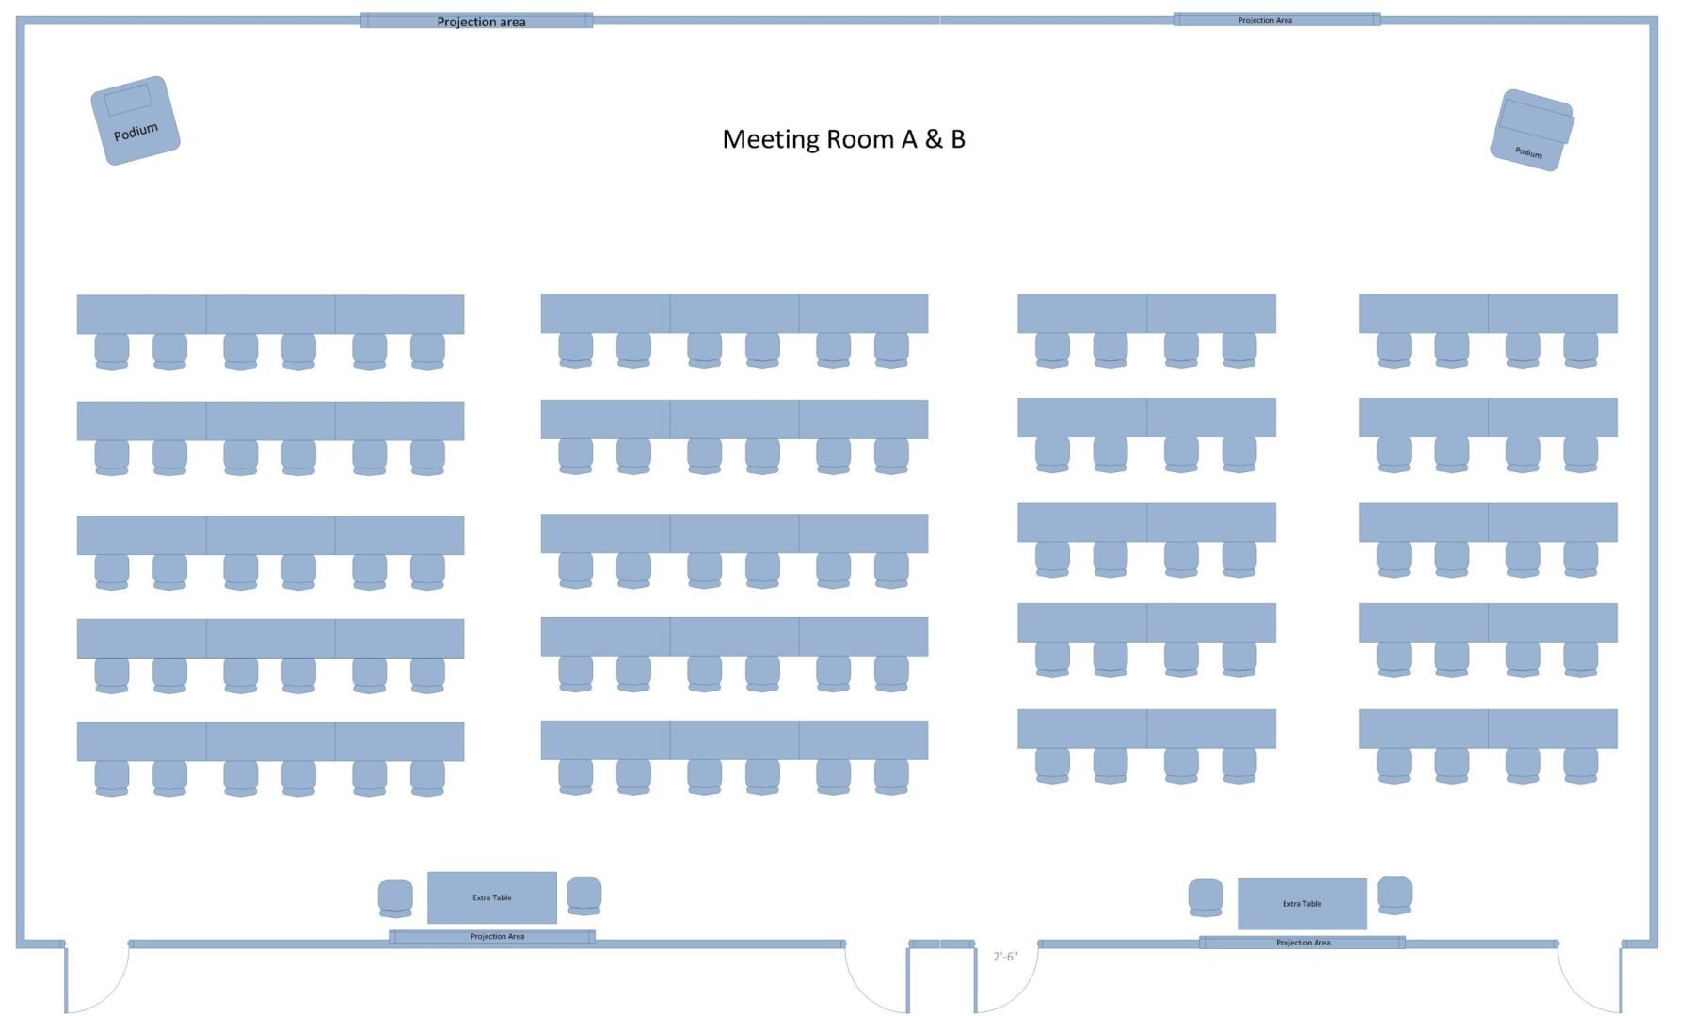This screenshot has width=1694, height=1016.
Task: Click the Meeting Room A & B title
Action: [843, 139]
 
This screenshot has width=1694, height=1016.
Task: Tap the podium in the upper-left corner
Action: [136, 120]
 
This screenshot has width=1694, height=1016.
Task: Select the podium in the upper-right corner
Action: [1532, 130]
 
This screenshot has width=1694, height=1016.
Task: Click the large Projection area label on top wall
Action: [481, 22]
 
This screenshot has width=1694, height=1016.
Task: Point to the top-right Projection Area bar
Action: [1276, 20]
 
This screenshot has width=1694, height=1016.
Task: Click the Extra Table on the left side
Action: [492, 897]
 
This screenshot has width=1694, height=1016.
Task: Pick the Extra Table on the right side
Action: [1302, 903]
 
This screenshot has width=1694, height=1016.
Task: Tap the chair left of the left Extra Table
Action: [395, 898]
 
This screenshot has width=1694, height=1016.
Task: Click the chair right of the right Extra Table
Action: [1394, 895]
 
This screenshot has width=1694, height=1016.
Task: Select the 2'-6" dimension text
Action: [1005, 957]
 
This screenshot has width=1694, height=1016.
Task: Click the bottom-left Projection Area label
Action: [497, 936]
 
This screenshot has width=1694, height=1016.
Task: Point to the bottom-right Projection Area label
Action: [1302, 942]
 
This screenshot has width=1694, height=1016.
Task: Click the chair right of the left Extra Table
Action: [584, 896]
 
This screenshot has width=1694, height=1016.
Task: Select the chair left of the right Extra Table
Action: [1206, 897]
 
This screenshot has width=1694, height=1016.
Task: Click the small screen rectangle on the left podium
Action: [128, 99]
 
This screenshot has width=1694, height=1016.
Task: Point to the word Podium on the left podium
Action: [136, 132]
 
